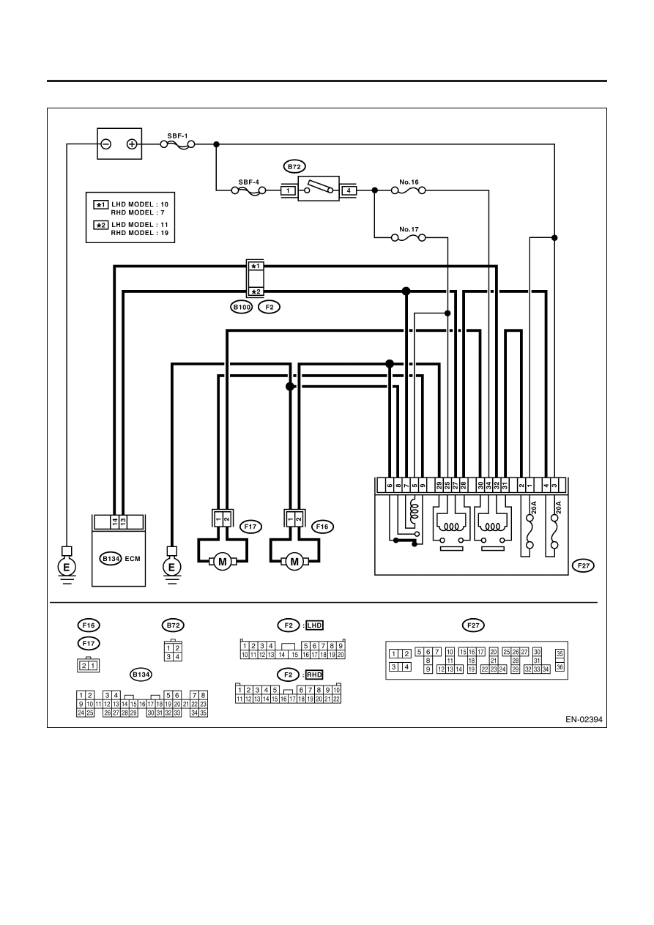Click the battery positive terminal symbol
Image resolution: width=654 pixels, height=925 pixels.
tap(132, 144)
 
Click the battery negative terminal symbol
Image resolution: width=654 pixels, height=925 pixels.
tap(106, 144)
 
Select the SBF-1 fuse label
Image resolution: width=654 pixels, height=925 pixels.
tap(177, 135)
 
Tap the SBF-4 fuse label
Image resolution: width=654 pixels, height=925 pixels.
tap(248, 182)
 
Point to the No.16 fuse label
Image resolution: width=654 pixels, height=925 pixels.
tap(409, 182)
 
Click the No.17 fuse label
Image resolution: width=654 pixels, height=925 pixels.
tap(409, 229)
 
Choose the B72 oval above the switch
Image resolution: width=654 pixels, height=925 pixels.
tap(294, 166)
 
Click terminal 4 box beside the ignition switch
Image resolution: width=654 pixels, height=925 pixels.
tap(349, 190)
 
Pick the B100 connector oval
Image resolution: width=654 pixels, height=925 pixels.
tap(242, 307)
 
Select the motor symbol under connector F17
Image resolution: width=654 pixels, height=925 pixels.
tap(223, 562)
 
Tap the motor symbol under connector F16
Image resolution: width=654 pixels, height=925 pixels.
tap(294, 562)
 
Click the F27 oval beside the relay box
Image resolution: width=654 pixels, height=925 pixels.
tap(584, 565)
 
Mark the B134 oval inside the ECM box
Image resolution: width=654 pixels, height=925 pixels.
tap(111, 559)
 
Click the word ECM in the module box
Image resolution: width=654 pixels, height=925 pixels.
tap(133, 559)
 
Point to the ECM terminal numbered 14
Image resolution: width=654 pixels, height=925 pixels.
tap(115, 521)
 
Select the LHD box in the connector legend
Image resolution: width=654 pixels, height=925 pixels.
tap(315, 625)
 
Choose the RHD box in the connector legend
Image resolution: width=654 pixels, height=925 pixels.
tap(315, 675)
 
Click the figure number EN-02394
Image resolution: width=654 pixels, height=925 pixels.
tap(584, 719)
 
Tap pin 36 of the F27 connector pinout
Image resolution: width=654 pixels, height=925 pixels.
tap(560, 667)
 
